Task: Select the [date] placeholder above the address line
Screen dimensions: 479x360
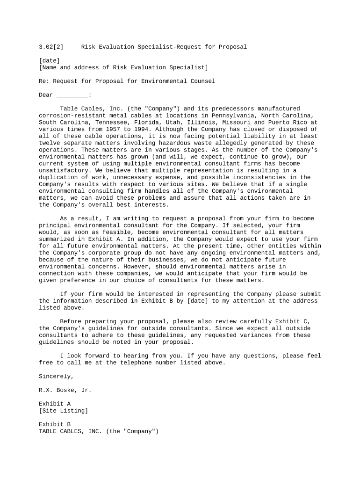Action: (49, 60)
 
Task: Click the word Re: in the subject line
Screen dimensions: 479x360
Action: (44, 81)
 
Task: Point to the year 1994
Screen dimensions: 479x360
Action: (143, 129)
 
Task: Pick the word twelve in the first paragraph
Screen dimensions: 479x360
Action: (49, 143)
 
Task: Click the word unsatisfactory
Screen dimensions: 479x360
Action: (63, 170)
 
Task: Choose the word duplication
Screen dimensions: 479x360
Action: (58, 177)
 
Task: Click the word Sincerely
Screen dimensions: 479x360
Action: (56, 376)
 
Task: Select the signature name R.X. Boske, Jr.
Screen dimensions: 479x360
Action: (65, 390)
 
